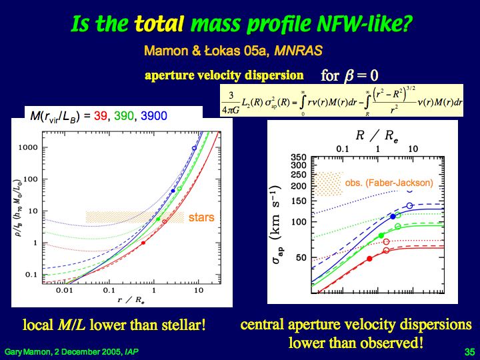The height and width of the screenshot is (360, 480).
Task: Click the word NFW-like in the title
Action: coord(360,25)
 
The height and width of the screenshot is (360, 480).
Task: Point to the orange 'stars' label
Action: coord(201,217)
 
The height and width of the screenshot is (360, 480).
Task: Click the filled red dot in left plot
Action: coord(144,243)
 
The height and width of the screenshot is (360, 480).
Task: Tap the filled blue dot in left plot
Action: coord(173,191)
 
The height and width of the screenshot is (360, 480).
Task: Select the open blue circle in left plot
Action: coord(194,148)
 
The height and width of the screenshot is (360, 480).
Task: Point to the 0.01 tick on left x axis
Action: coord(64,291)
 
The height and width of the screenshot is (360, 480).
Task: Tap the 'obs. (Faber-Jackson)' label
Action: coord(389,182)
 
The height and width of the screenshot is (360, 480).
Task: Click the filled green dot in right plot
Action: coord(381,236)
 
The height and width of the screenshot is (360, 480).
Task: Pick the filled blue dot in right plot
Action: coord(393,216)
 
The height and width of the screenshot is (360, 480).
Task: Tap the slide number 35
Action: coord(468,351)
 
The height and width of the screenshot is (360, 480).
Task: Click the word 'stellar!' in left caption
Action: coord(186,326)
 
